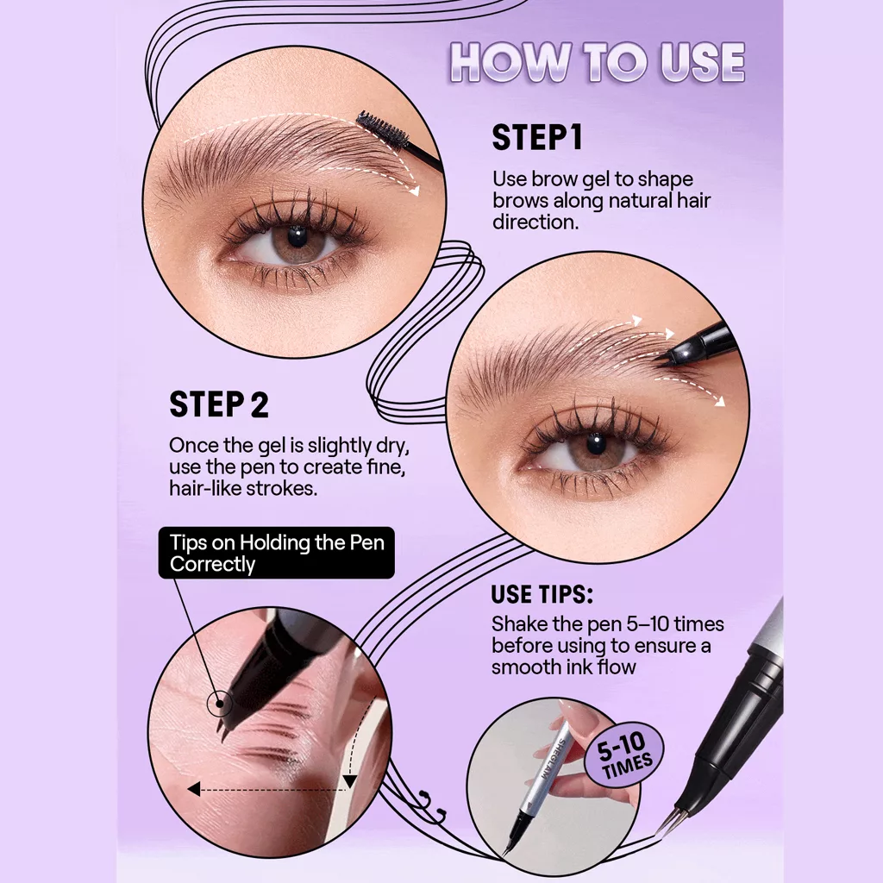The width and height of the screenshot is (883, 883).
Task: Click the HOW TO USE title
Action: pyautogui.click(x=597, y=62)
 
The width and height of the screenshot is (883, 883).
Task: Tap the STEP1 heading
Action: pyautogui.click(x=536, y=138)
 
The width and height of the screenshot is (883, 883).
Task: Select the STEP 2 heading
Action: pyautogui.click(x=219, y=404)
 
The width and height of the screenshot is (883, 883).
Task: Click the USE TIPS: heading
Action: pyautogui.click(x=542, y=595)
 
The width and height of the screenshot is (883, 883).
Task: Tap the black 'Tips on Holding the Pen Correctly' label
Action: pyautogui.click(x=277, y=553)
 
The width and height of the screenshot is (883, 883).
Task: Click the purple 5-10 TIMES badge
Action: pyautogui.click(x=624, y=752)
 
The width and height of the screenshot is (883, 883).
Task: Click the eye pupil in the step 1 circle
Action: pyautogui.click(x=297, y=236)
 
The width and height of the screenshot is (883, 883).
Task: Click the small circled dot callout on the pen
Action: pyautogui.click(x=220, y=704)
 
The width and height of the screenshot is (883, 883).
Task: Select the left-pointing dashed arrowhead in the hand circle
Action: pyautogui.click(x=194, y=789)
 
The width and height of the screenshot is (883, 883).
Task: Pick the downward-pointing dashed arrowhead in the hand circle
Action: pyautogui.click(x=350, y=781)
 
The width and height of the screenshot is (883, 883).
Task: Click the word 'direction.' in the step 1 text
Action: pyautogui.click(x=535, y=222)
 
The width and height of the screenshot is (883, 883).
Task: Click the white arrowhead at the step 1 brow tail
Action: pyautogui.click(x=415, y=191)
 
